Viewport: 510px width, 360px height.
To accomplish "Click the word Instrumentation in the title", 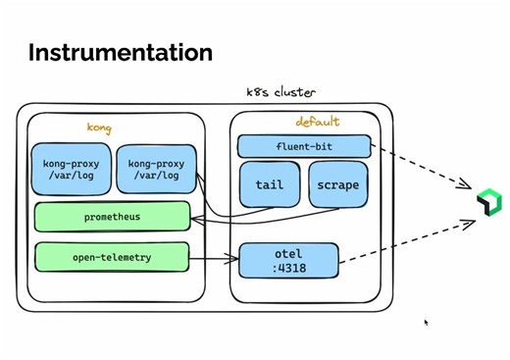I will pos(120,52).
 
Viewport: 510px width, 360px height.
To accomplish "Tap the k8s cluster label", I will pos(280,92).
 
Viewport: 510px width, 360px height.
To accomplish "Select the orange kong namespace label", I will pos(99,128).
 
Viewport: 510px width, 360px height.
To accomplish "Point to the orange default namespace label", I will pos(317,123).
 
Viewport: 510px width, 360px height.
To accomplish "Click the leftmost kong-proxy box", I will pos(71,169).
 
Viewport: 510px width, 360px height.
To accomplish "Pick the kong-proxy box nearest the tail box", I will pos(156,169).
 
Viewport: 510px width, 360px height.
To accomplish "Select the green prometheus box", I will pos(112,217).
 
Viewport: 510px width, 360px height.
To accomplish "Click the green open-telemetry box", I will pos(112,257).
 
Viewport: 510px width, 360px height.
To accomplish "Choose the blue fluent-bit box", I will pos(304,147).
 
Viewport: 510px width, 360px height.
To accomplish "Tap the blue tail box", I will pos(269,184).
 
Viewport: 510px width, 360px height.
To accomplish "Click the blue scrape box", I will pos(337,184).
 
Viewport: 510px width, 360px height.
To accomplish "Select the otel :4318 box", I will pos(288,261).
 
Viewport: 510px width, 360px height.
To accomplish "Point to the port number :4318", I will pos(289,268).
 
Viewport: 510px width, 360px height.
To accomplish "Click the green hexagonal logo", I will pos(488,202).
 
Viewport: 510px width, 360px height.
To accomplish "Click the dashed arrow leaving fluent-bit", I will pos(422,168).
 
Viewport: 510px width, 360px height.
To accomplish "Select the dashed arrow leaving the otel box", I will pos(407,244).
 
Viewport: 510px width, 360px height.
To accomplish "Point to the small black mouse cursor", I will pos(426,322).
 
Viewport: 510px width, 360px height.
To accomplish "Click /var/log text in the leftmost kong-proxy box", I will pos(71,176).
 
